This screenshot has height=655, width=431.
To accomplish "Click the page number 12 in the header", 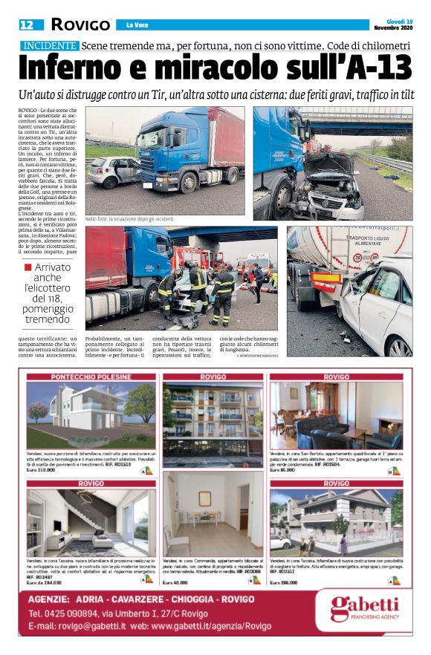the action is (27, 25).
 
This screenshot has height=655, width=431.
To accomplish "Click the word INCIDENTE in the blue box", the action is (48, 45).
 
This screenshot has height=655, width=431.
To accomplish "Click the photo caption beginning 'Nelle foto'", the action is (140, 219).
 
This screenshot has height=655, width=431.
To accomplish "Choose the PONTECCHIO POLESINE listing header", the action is (91, 377).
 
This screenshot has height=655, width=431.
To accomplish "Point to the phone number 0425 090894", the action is (62, 614).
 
